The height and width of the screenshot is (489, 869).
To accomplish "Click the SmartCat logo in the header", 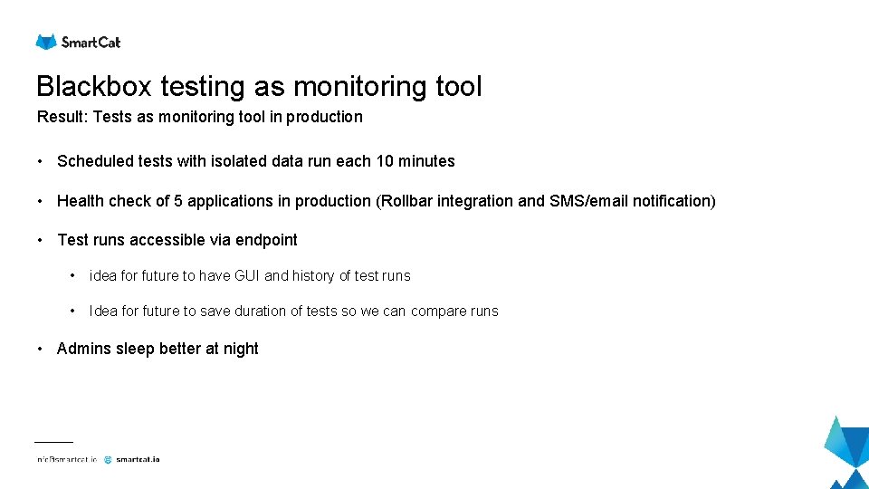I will [78, 42].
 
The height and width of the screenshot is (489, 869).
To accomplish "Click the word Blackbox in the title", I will [95, 87].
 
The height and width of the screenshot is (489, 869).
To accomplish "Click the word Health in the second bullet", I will [81, 201].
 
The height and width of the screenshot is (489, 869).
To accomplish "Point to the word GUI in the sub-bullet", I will [246, 275].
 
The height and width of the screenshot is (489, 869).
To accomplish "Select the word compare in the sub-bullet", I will [439, 312].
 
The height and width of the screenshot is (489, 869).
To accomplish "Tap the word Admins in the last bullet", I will [84, 349].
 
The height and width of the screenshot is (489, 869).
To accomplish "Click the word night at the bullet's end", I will [241, 349].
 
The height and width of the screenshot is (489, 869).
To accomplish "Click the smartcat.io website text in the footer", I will [138, 459].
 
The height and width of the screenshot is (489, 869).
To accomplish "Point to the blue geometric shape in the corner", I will [848, 453].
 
